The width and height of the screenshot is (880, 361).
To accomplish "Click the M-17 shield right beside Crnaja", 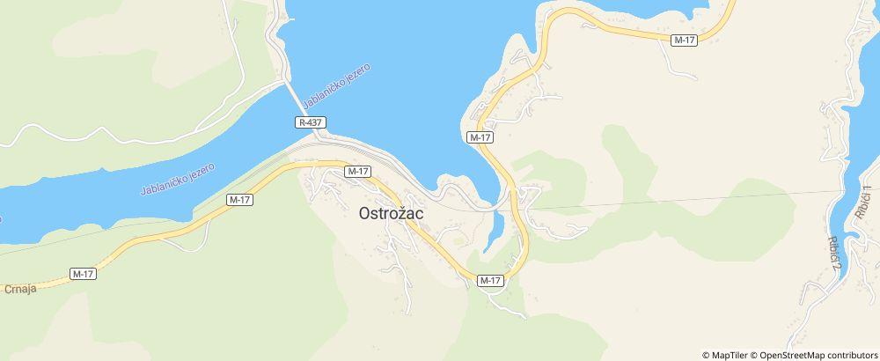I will click(x=83, y=274).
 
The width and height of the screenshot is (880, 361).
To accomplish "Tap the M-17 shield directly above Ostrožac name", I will click(x=357, y=171).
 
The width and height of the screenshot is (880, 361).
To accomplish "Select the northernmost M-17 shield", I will click(x=684, y=41).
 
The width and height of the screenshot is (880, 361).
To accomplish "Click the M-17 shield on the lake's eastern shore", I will click(x=480, y=138).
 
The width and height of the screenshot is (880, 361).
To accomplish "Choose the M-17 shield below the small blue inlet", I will click(x=490, y=280).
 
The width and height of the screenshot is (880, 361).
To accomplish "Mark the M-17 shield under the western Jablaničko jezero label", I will click(x=239, y=200).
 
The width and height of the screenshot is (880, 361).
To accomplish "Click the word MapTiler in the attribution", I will click(x=730, y=355).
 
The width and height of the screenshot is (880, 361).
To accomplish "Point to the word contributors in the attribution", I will click(x=850, y=355).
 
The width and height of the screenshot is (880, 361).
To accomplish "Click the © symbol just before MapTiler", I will click(x=706, y=355).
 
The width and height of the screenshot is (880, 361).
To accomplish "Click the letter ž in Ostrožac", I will click(x=408, y=212).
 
